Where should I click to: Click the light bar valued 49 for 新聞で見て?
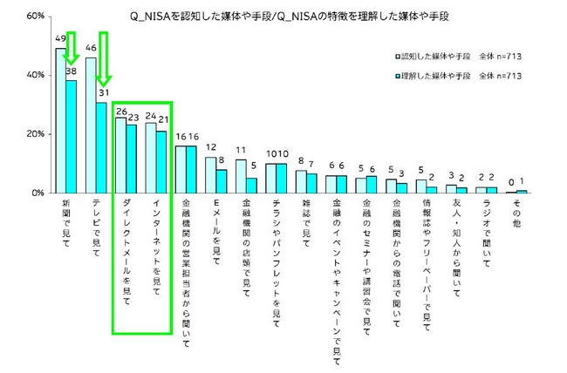point(61,120)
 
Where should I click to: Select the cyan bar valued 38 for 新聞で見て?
point(72,137)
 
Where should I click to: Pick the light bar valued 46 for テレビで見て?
point(91,125)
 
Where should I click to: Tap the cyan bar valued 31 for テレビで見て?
point(102,146)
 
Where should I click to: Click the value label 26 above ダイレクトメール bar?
point(121,112)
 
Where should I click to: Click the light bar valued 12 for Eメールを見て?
point(210,174)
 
